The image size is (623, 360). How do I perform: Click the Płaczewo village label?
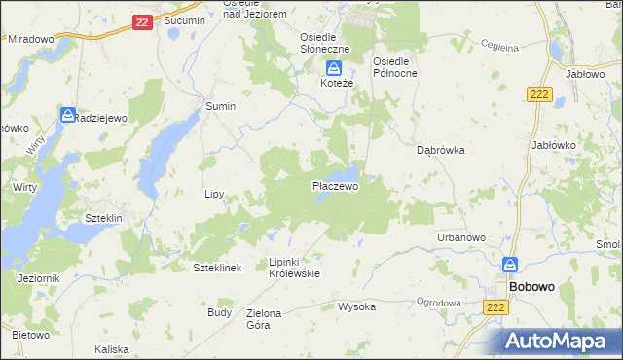pyautogui.click(x=335, y=186)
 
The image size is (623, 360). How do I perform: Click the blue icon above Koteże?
pyautogui.click(x=334, y=67)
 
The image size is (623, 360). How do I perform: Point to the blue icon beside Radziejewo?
pyautogui.click(x=67, y=114)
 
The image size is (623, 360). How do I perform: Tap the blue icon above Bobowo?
pyautogui.click(x=510, y=265)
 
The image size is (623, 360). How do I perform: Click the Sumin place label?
pyautogui.click(x=220, y=106)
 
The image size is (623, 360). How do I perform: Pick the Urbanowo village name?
pyautogui.click(x=461, y=238)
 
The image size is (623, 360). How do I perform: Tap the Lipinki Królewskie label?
pyautogui.click(x=294, y=268)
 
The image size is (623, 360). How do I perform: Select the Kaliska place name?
pyautogui.click(x=112, y=348)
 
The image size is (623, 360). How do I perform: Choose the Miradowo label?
pyautogui.click(x=30, y=39)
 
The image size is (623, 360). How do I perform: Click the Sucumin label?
pyautogui.click(x=184, y=20)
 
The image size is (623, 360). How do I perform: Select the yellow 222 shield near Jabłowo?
pyautogui.click(x=541, y=93)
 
